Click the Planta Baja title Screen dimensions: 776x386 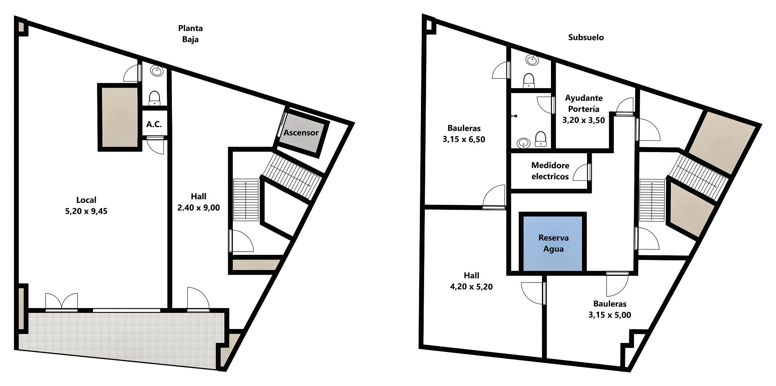[x=191, y=34]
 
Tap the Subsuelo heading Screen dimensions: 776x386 [x=586, y=37]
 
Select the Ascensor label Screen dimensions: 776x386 [x=301, y=133]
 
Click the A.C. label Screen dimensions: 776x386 [x=154, y=124]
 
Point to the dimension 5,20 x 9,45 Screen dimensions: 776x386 [x=86, y=211]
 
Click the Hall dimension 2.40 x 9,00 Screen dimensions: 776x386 [x=198, y=208]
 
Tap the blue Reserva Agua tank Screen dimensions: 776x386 [x=553, y=243]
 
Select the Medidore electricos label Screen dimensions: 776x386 [x=550, y=171]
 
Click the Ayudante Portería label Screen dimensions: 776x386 [x=584, y=104]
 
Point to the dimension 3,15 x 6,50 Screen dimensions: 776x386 [x=464, y=140]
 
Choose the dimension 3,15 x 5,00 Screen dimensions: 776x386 [x=610, y=315]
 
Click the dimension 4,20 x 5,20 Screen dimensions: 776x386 [x=471, y=287]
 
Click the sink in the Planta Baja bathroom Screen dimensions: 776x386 [x=157, y=71]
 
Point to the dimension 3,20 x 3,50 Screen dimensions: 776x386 [x=584, y=120]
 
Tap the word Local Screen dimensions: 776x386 [x=86, y=200]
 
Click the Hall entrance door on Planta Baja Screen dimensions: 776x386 [x=198, y=299]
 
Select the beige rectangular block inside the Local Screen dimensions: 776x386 [x=120, y=117]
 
